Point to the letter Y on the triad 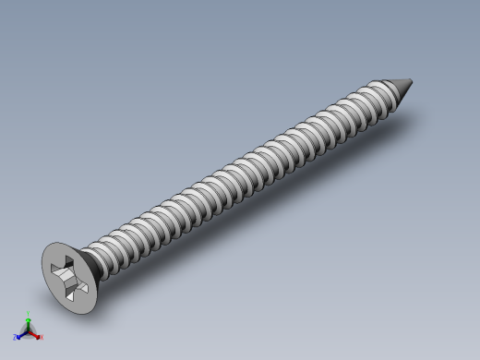point(28,315)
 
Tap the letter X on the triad point(41,338)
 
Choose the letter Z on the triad point(15,338)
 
